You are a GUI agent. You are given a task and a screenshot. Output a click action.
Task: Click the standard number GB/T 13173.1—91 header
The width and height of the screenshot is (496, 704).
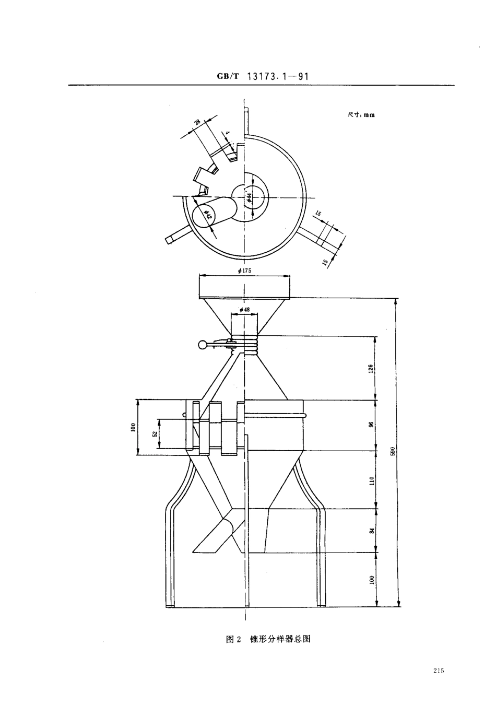pyautogui.click(x=264, y=76)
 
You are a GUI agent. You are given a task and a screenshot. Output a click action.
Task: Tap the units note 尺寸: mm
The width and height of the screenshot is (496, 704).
pyautogui.click(x=361, y=115)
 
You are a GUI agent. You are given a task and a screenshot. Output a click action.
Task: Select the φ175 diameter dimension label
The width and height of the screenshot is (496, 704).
pyautogui.click(x=244, y=271)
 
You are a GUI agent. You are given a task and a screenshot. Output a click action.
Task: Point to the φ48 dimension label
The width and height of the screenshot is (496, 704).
pyautogui.click(x=244, y=310)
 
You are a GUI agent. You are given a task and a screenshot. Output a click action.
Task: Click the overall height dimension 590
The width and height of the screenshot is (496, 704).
pyautogui.click(x=393, y=452)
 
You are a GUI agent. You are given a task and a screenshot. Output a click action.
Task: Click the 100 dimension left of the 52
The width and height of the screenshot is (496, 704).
pyautogui.click(x=133, y=428)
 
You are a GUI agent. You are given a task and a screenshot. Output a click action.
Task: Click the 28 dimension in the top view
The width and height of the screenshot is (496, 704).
pyautogui.click(x=197, y=123)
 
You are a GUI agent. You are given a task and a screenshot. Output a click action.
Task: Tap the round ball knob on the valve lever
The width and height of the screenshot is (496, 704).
pyautogui.click(x=202, y=344)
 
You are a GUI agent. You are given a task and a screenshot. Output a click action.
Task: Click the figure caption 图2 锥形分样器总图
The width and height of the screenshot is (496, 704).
pyautogui.click(x=268, y=639)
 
